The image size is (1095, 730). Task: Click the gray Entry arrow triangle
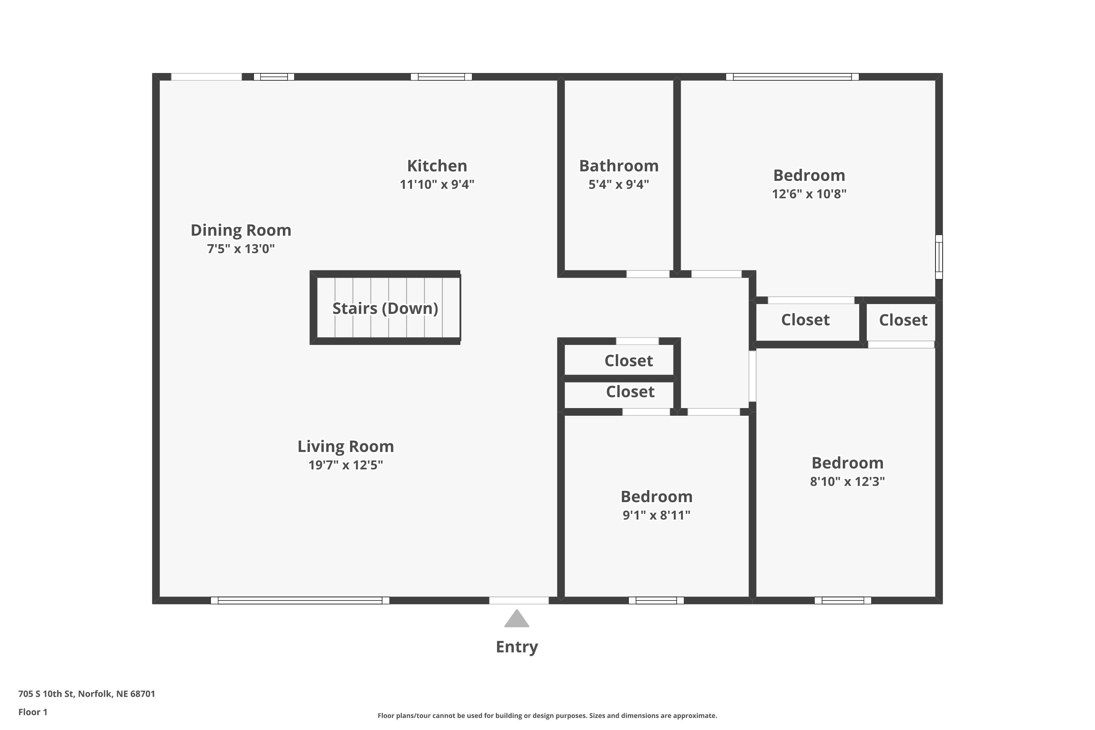(x=517, y=619)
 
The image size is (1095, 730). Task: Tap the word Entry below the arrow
(x=517, y=647)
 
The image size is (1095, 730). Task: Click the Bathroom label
(x=619, y=166)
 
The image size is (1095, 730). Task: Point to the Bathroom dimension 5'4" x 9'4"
(x=619, y=184)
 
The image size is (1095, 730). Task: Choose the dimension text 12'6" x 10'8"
(x=809, y=194)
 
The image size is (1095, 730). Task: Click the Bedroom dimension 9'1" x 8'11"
(x=656, y=515)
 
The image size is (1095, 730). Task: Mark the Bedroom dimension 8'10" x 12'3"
(x=847, y=481)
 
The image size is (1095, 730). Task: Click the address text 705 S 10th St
(x=46, y=694)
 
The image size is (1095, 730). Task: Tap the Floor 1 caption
(x=33, y=712)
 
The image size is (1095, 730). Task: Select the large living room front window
(x=300, y=600)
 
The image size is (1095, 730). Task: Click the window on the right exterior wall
(x=939, y=257)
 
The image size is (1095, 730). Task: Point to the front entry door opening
(x=519, y=600)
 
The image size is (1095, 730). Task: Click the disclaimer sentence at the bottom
(x=547, y=715)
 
